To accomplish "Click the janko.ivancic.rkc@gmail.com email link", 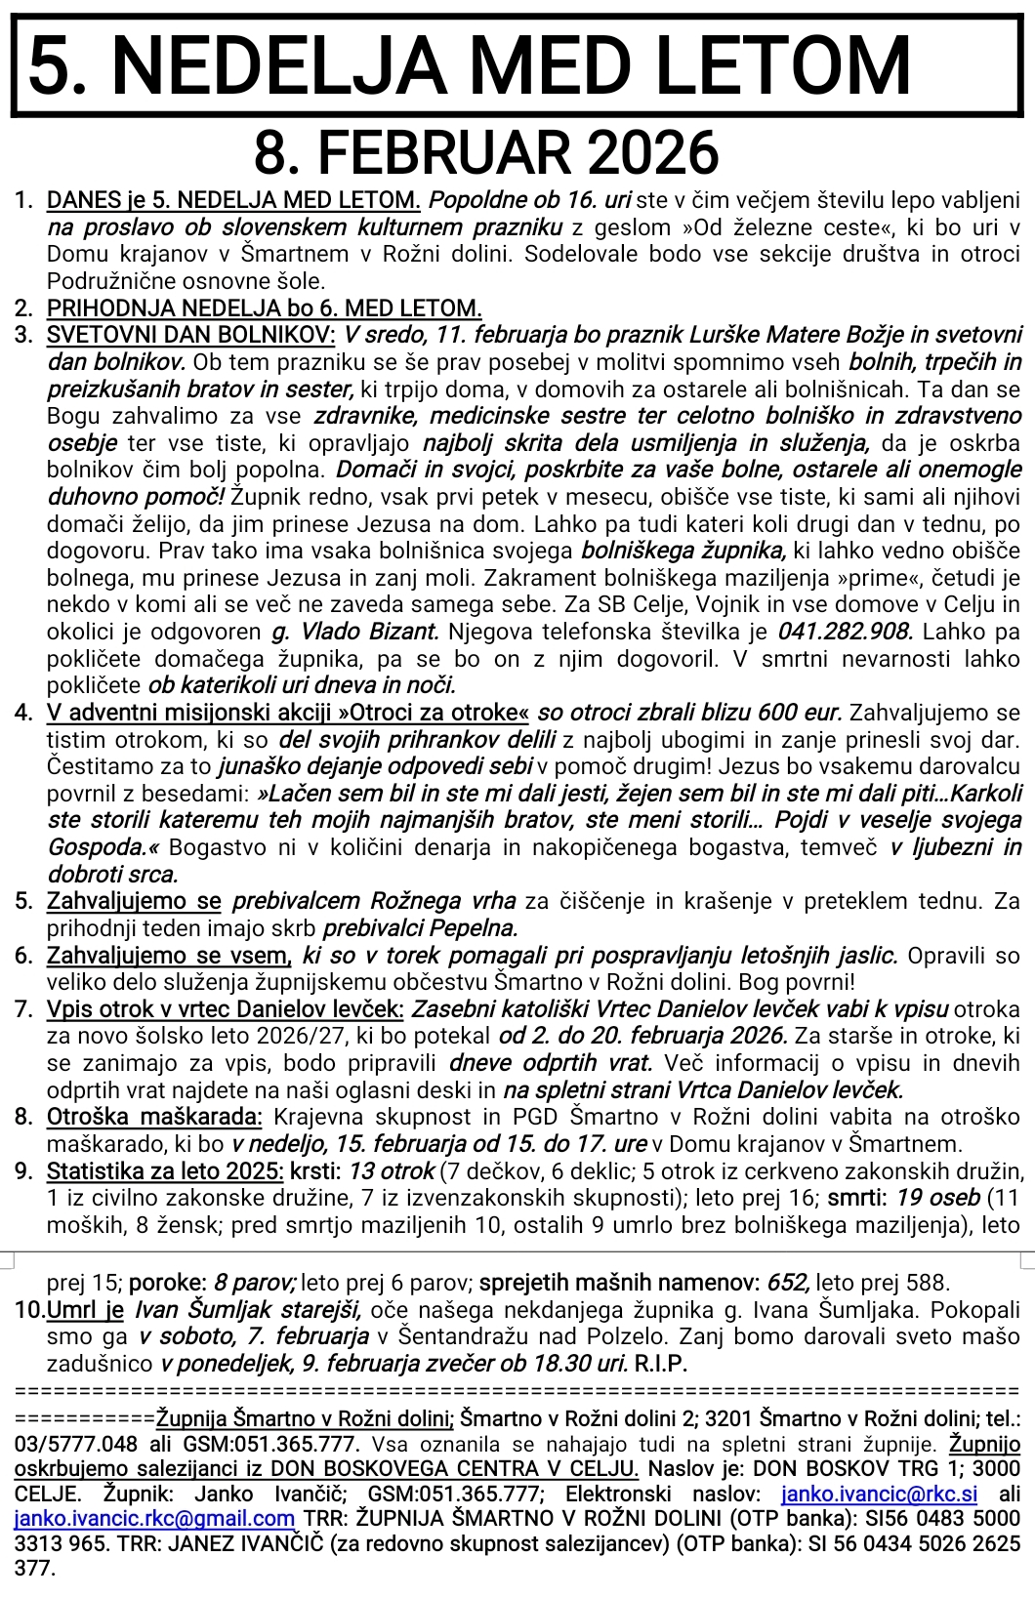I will (x=154, y=1518).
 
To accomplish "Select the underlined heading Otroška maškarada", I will (x=154, y=1117).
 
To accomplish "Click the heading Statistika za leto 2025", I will (x=165, y=1170).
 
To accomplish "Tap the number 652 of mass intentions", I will (x=789, y=1282).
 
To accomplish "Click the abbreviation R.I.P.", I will (x=661, y=1363).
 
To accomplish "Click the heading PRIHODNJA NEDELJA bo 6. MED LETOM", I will (x=264, y=308).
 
